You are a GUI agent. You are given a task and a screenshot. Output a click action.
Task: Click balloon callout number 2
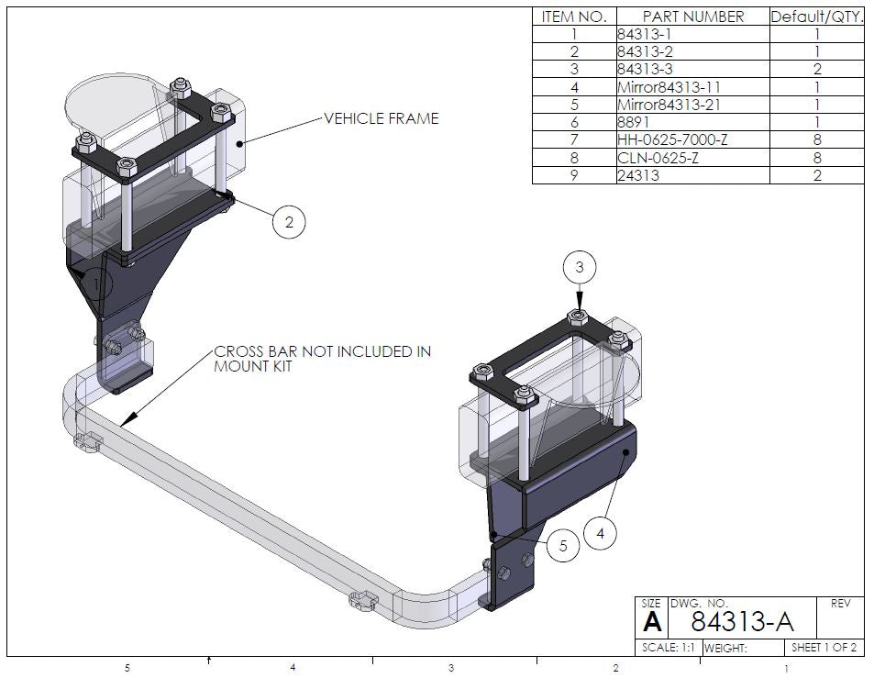(x=289, y=222)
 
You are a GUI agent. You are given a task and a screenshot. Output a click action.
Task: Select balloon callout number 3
(x=579, y=268)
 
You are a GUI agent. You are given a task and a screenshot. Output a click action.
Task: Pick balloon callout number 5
(x=563, y=546)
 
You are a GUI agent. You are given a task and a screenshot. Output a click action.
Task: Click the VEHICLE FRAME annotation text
(x=381, y=118)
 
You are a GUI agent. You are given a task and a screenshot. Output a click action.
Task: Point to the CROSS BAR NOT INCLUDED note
(x=321, y=359)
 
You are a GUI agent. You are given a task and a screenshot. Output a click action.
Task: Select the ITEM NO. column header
(x=574, y=17)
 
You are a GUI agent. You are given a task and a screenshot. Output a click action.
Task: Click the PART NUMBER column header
(x=692, y=17)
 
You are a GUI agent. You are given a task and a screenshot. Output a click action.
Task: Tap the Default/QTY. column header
(x=816, y=17)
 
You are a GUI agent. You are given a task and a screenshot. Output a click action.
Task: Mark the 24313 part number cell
(x=636, y=175)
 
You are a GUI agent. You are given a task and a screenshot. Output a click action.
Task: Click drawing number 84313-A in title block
(x=741, y=622)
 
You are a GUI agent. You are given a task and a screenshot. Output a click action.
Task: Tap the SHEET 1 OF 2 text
(x=824, y=648)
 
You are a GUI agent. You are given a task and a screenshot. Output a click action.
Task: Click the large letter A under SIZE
(x=651, y=624)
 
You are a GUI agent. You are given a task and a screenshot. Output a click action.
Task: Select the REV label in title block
(x=840, y=604)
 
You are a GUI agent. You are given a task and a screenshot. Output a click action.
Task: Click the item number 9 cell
(x=574, y=175)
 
